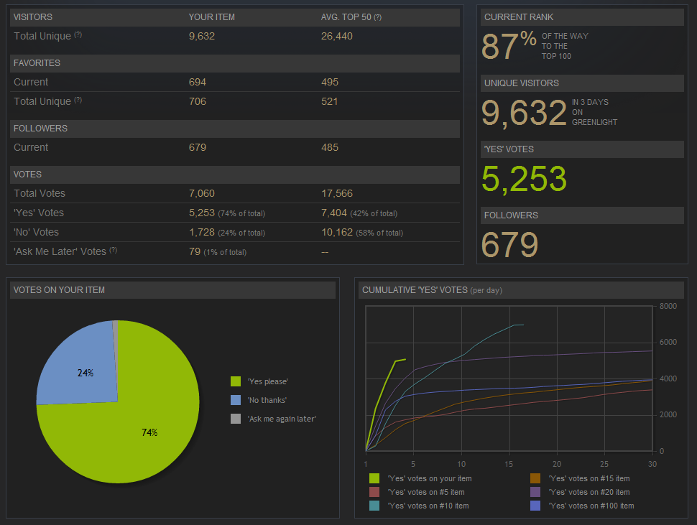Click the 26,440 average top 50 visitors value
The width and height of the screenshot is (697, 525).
click(x=336, y=36)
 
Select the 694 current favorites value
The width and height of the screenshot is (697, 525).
click(x=198, y=82)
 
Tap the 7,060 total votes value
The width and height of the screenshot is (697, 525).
click(x=201, y=193)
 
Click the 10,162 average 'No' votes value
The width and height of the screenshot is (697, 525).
click(x=336, y=232)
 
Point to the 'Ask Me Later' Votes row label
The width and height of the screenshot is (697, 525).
click(x=60, y=251)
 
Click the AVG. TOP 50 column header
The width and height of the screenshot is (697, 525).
click(x=346, y=17)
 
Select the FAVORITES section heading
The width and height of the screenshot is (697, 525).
click(x=37, y=63)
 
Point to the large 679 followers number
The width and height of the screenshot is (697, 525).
click(x=509, y=245)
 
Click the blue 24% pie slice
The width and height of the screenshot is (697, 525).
click(x=79, y=366)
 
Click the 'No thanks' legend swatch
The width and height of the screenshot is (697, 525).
click(x=236, y=400)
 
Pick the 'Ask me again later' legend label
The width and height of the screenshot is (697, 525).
click(x=282, y=419)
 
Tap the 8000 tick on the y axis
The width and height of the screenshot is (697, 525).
click(x=668, y=306)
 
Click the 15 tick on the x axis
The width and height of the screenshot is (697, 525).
click(x=509, y=464)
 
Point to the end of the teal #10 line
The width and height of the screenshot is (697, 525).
click(x=522, y=325)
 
